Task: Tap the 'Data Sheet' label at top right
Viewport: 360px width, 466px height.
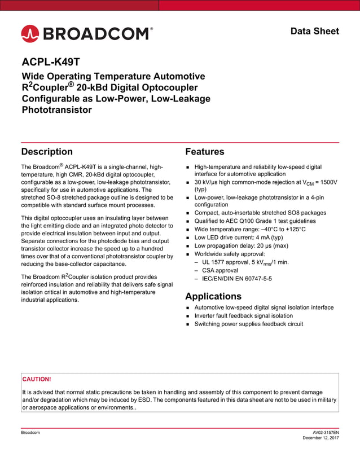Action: (x=314, y=31)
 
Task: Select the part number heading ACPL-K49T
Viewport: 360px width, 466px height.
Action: (x=54, y=62)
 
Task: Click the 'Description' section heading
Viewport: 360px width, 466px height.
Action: (x=47, y=151)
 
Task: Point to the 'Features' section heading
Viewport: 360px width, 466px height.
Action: (x=204, y=151)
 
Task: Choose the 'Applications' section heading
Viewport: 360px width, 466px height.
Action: (x=213, y=296)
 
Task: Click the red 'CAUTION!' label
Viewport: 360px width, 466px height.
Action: (x=37, y=379)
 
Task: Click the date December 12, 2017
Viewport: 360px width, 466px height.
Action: (x=321, y=438)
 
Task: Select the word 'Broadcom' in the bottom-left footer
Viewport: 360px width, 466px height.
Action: (x=30, y=432)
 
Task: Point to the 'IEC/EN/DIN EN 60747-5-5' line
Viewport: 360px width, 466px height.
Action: (x=233, y=279)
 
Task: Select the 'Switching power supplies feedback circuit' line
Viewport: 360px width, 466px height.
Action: (x=248, y=324)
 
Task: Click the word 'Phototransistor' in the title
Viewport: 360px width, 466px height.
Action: (x=56, y=110)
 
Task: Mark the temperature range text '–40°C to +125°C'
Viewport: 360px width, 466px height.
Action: (x=277, y=230)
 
